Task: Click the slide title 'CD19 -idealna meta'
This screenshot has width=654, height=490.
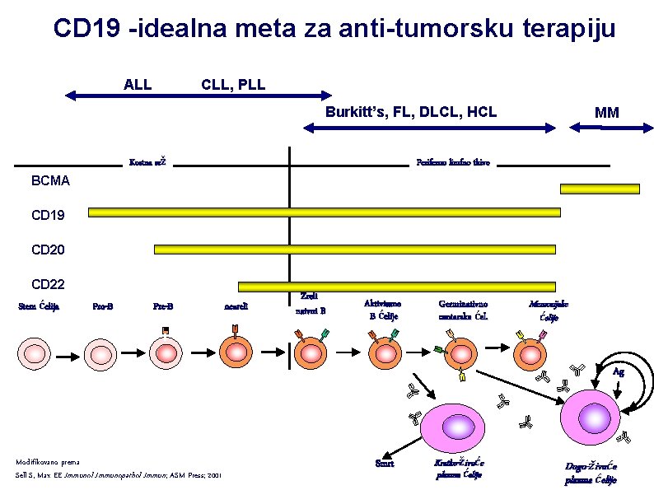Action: click(x=334, y=29)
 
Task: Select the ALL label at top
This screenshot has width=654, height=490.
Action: click(x=138, y=84)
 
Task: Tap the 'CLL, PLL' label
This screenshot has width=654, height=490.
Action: click(x=233, y=84)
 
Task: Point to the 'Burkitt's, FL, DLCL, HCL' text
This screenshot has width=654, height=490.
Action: click(x=411, y=112)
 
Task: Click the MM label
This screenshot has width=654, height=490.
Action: click(x=607, y=113)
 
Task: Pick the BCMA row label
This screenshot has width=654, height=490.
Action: click(x=50, y=180)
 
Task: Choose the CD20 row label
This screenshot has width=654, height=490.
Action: click(x=47, y=249)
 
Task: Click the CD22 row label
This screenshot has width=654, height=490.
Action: click(x=47, y=285)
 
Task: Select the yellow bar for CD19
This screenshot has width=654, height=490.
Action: click(x=324, y=212)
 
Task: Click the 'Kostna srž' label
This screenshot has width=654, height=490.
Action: click(x=148, y=162)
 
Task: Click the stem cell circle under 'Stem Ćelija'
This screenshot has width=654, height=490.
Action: click(x=36, y=354)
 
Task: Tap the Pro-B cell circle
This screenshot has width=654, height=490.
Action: click(x=103, y=354)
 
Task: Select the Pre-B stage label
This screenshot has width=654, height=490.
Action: click(x=163, y=307)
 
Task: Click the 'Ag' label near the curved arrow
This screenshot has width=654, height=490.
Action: click(x=618, y=372)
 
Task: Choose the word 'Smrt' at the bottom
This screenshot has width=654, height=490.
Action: click(x=384, y=463)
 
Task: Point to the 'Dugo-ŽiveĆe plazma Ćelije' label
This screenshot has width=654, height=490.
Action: click(x=591, y=473)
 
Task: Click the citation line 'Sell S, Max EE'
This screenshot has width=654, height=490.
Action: click(x=119, y=476)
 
